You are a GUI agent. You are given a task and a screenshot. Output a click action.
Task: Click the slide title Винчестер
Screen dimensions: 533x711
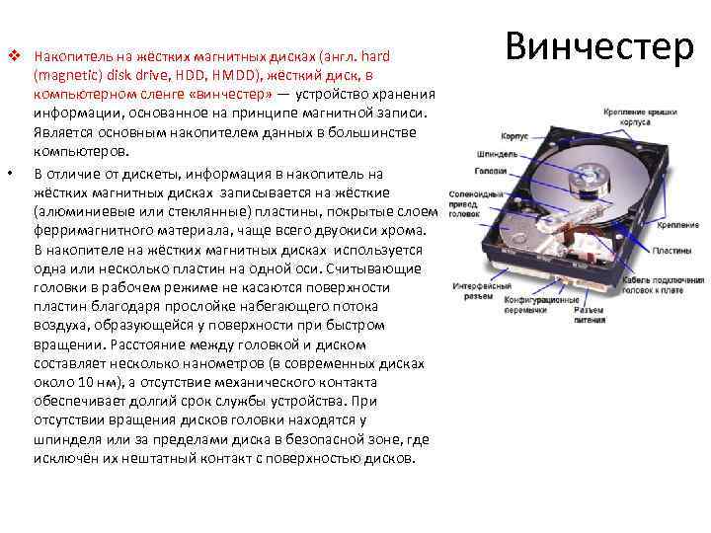(x=599, y=46)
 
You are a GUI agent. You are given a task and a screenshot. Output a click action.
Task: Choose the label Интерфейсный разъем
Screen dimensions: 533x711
(x=472, y=287)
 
